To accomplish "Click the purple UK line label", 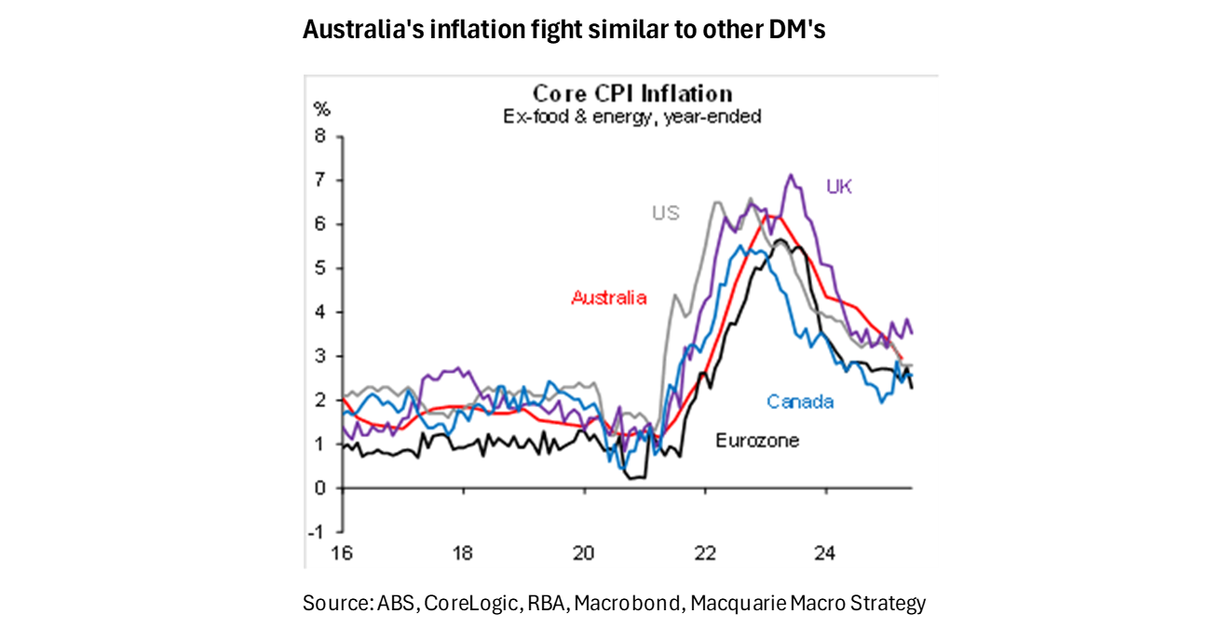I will click(839, 186).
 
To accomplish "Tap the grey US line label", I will click(665, 213).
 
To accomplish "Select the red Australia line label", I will click(608, 298).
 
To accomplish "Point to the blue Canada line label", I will click(800, 402).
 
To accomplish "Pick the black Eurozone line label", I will click(757, 441).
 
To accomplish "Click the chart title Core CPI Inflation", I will click(632, 94).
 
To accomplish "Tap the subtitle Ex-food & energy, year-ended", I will click(632, 116).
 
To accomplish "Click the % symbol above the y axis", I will click(321, 109).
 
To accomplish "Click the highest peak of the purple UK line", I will click(790, 174).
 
